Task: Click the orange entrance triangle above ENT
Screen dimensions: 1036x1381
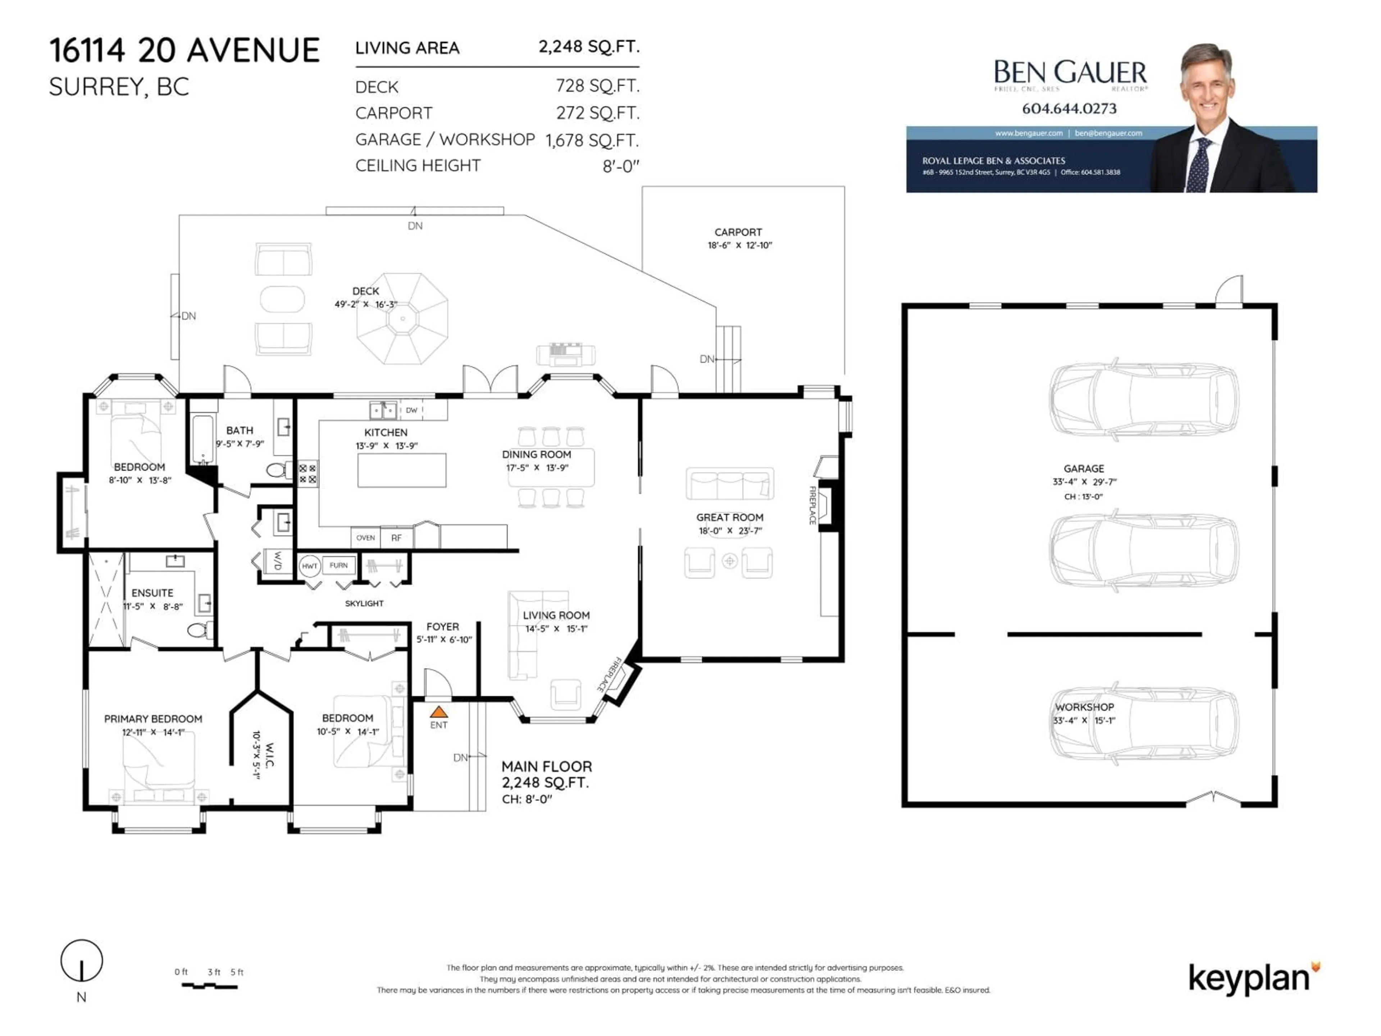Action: coord(439,711)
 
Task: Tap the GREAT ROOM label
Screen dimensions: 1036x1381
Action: coord(729,517)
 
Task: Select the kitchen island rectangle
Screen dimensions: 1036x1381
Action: coord(401,470)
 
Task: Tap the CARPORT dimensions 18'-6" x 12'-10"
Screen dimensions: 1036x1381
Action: coord(739,245)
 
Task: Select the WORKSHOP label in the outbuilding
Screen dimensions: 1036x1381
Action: coord(1084,707)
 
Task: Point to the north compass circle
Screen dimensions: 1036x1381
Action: coord(81,960)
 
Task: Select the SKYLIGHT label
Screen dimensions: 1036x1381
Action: coord(364,603)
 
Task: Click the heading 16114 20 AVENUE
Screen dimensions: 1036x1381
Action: coord(185,51)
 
